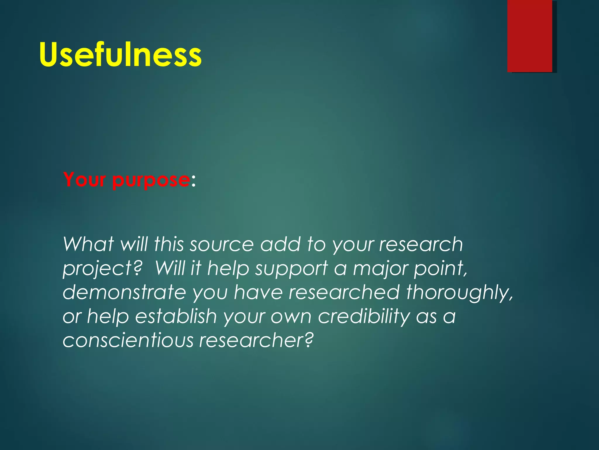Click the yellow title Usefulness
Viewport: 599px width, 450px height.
tap(120, 55)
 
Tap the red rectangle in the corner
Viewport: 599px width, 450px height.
tap(530, 36)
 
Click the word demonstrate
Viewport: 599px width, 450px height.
tap(124, 292)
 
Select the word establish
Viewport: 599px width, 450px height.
tap(176, 316)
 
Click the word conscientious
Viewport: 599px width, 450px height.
tap(128, 340)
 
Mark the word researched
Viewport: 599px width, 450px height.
tap(344, 292)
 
